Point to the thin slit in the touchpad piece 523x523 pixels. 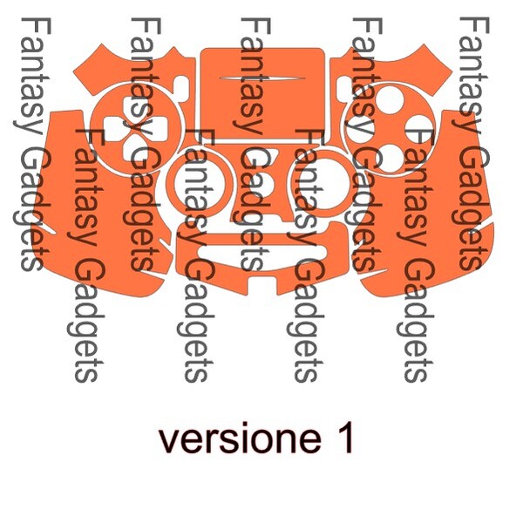tap(262, 79)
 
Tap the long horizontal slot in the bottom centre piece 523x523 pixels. tap(261, 253)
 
